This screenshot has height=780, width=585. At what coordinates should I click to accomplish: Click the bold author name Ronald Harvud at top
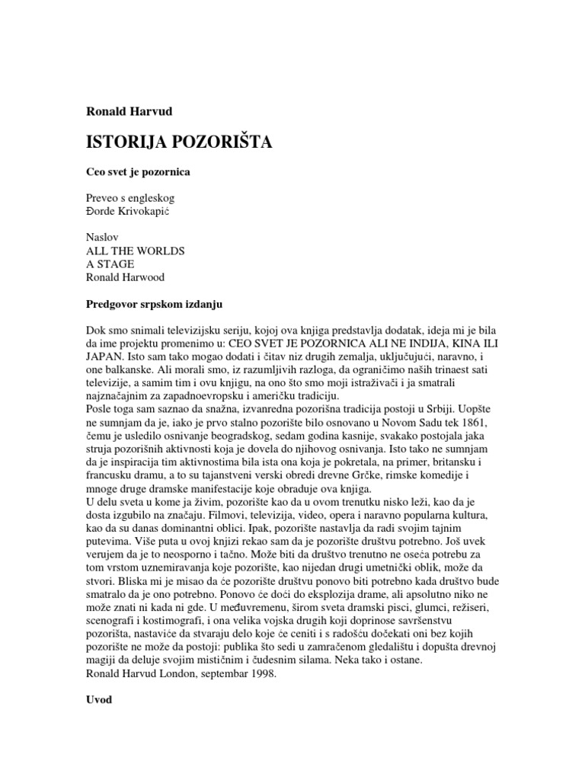tap(129, 111)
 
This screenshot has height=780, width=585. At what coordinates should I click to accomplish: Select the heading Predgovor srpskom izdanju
tap(153, 304)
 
